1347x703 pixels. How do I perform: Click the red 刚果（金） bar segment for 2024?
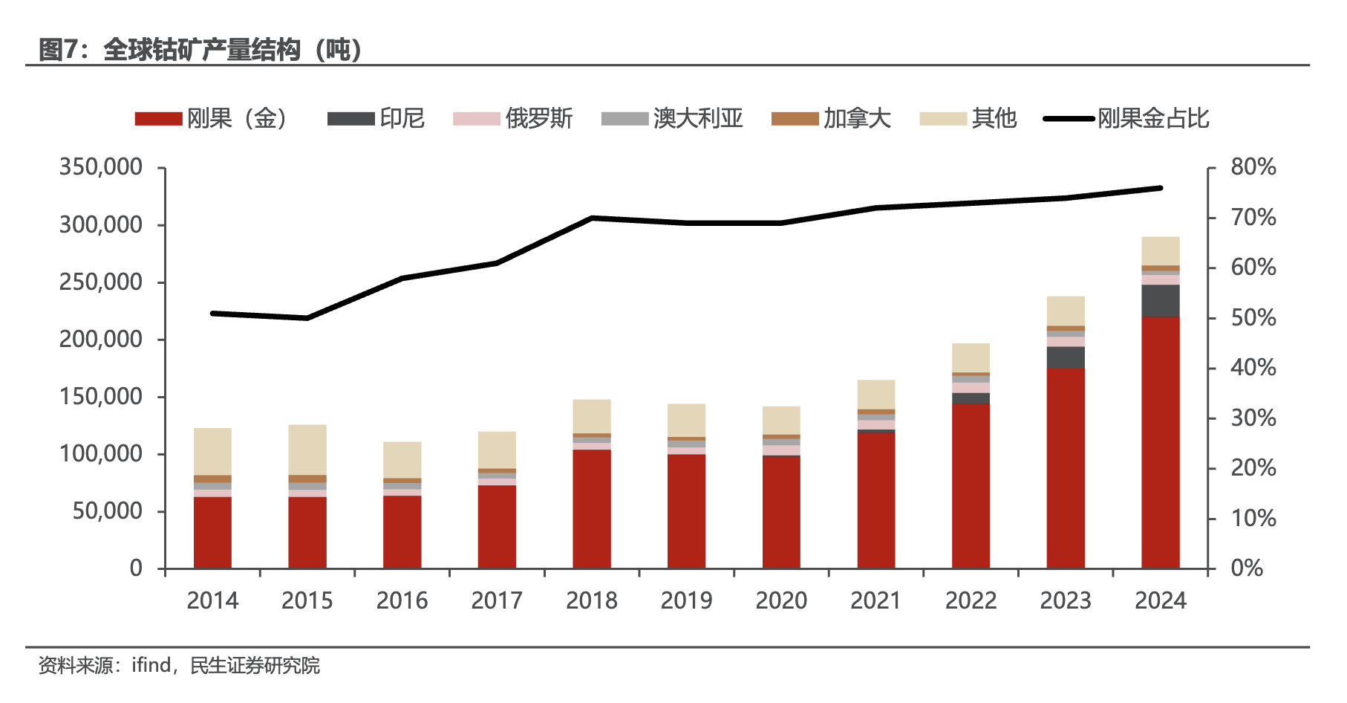[x=1160, y=442]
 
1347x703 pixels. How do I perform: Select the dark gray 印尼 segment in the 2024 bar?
[x=1160, y=301]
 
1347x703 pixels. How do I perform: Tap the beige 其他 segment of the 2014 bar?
[x=212, y=451]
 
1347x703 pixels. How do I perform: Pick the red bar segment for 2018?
[x=592, y=509]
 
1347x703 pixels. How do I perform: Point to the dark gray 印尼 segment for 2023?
[x=1066, y=357]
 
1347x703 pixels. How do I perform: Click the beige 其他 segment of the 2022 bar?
[x=971, y=357]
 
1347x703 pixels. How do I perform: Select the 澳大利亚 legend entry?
[x=672, y=119]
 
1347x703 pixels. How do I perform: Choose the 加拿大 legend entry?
[x=831, y=119]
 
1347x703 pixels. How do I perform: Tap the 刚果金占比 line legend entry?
[x=1126, y=119]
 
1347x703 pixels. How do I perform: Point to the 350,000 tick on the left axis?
[x=101, y=167]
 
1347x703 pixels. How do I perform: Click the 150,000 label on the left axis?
[x=101, y=397]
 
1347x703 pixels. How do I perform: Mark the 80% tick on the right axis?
[x=1253, y=167]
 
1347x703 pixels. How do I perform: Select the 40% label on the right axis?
[x=1253, y=368]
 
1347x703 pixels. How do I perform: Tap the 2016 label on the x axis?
[x=402, y=600]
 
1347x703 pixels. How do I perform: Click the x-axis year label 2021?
[x=876, y=600]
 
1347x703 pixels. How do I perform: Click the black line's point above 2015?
[x=307, y=318]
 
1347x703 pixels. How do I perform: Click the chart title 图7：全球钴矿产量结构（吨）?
[x=200, y=50]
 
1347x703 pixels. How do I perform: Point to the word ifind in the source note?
[x=151, y=665]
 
